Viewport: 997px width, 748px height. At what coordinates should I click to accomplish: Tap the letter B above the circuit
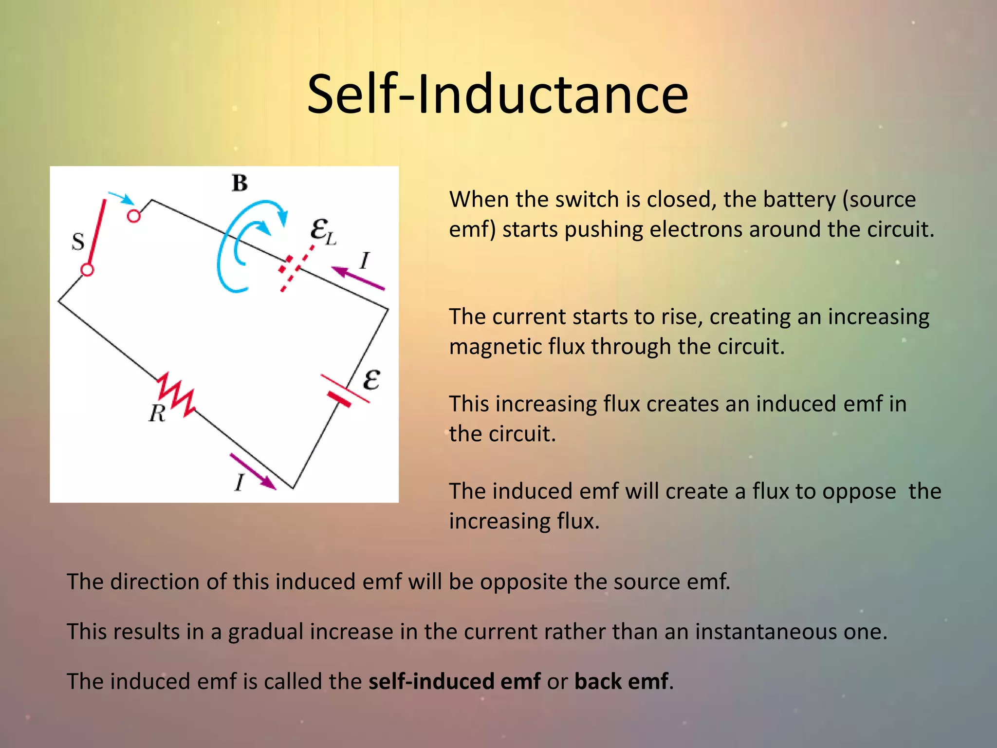pos(240,184)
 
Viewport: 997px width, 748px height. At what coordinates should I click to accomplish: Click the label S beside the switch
pos(78,242)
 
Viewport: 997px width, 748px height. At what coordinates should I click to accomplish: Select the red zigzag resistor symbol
pos(176,395)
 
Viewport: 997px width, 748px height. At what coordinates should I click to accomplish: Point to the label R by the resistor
pos(157,414)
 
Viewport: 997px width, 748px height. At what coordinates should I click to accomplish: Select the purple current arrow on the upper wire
pos(358,279)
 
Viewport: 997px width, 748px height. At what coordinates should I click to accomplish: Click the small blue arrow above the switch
pos(122,198)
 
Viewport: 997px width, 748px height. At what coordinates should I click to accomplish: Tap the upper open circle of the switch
pos(133,216)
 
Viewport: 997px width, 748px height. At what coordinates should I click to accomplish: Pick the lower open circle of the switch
pos(87,269)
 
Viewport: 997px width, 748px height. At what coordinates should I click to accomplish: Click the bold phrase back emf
pos(621,681)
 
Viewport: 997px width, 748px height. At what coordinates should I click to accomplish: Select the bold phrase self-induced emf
pos(454,681)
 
